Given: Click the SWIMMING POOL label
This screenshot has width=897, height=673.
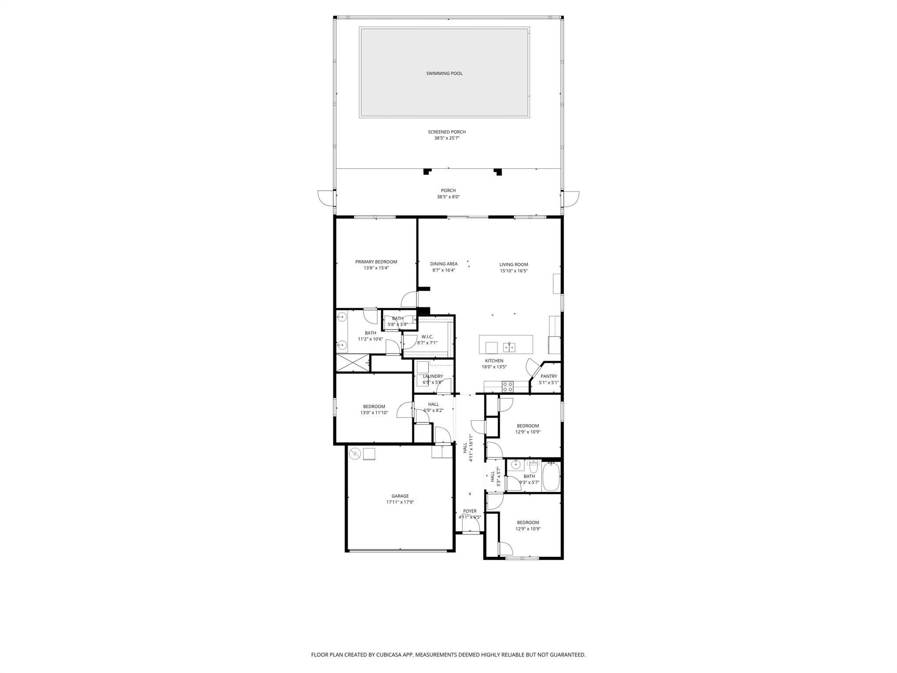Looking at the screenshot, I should point(444,74).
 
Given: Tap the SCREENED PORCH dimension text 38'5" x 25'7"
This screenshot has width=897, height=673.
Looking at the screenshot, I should point(447,138).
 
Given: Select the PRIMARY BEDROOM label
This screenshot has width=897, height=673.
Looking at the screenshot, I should point(376,262).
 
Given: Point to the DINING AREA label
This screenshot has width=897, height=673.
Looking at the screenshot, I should point(444,264).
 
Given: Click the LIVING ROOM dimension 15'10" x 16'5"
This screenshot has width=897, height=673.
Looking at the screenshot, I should point(514,271).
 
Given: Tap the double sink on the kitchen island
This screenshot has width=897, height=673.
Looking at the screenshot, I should point(509,347).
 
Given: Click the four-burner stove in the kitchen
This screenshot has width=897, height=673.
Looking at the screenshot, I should point(508,387).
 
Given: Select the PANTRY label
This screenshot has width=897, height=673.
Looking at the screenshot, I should point(549,376).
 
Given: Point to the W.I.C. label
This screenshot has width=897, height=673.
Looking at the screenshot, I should point(427,336).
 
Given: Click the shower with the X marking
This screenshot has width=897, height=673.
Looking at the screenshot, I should point(352,363).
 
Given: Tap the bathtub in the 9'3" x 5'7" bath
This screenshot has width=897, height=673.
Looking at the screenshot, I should point(551,477).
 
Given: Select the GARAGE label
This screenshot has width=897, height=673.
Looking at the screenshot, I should point(400,496).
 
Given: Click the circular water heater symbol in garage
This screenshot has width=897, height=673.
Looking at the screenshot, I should point(354,454).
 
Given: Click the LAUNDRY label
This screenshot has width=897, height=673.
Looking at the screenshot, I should point(433,376).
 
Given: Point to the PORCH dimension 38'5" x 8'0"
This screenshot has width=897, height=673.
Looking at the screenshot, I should point(448,197).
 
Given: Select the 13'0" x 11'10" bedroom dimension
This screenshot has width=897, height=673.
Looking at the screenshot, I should point(374,412).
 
